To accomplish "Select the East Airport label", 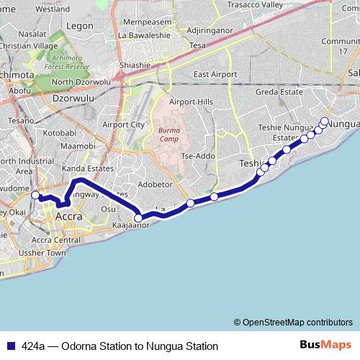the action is click(x=215, y=74).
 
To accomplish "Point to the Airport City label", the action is click(x=124, y=125).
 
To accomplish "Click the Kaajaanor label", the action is click(x=130, y=225).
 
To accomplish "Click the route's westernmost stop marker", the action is click(x=35, y=195).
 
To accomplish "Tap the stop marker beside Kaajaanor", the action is click(x=138, y=217).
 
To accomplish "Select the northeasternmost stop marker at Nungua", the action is click(x=325, y=121).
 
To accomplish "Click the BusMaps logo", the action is click(x=325, y=344).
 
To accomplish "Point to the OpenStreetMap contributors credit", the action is click(x=294, y=322).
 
